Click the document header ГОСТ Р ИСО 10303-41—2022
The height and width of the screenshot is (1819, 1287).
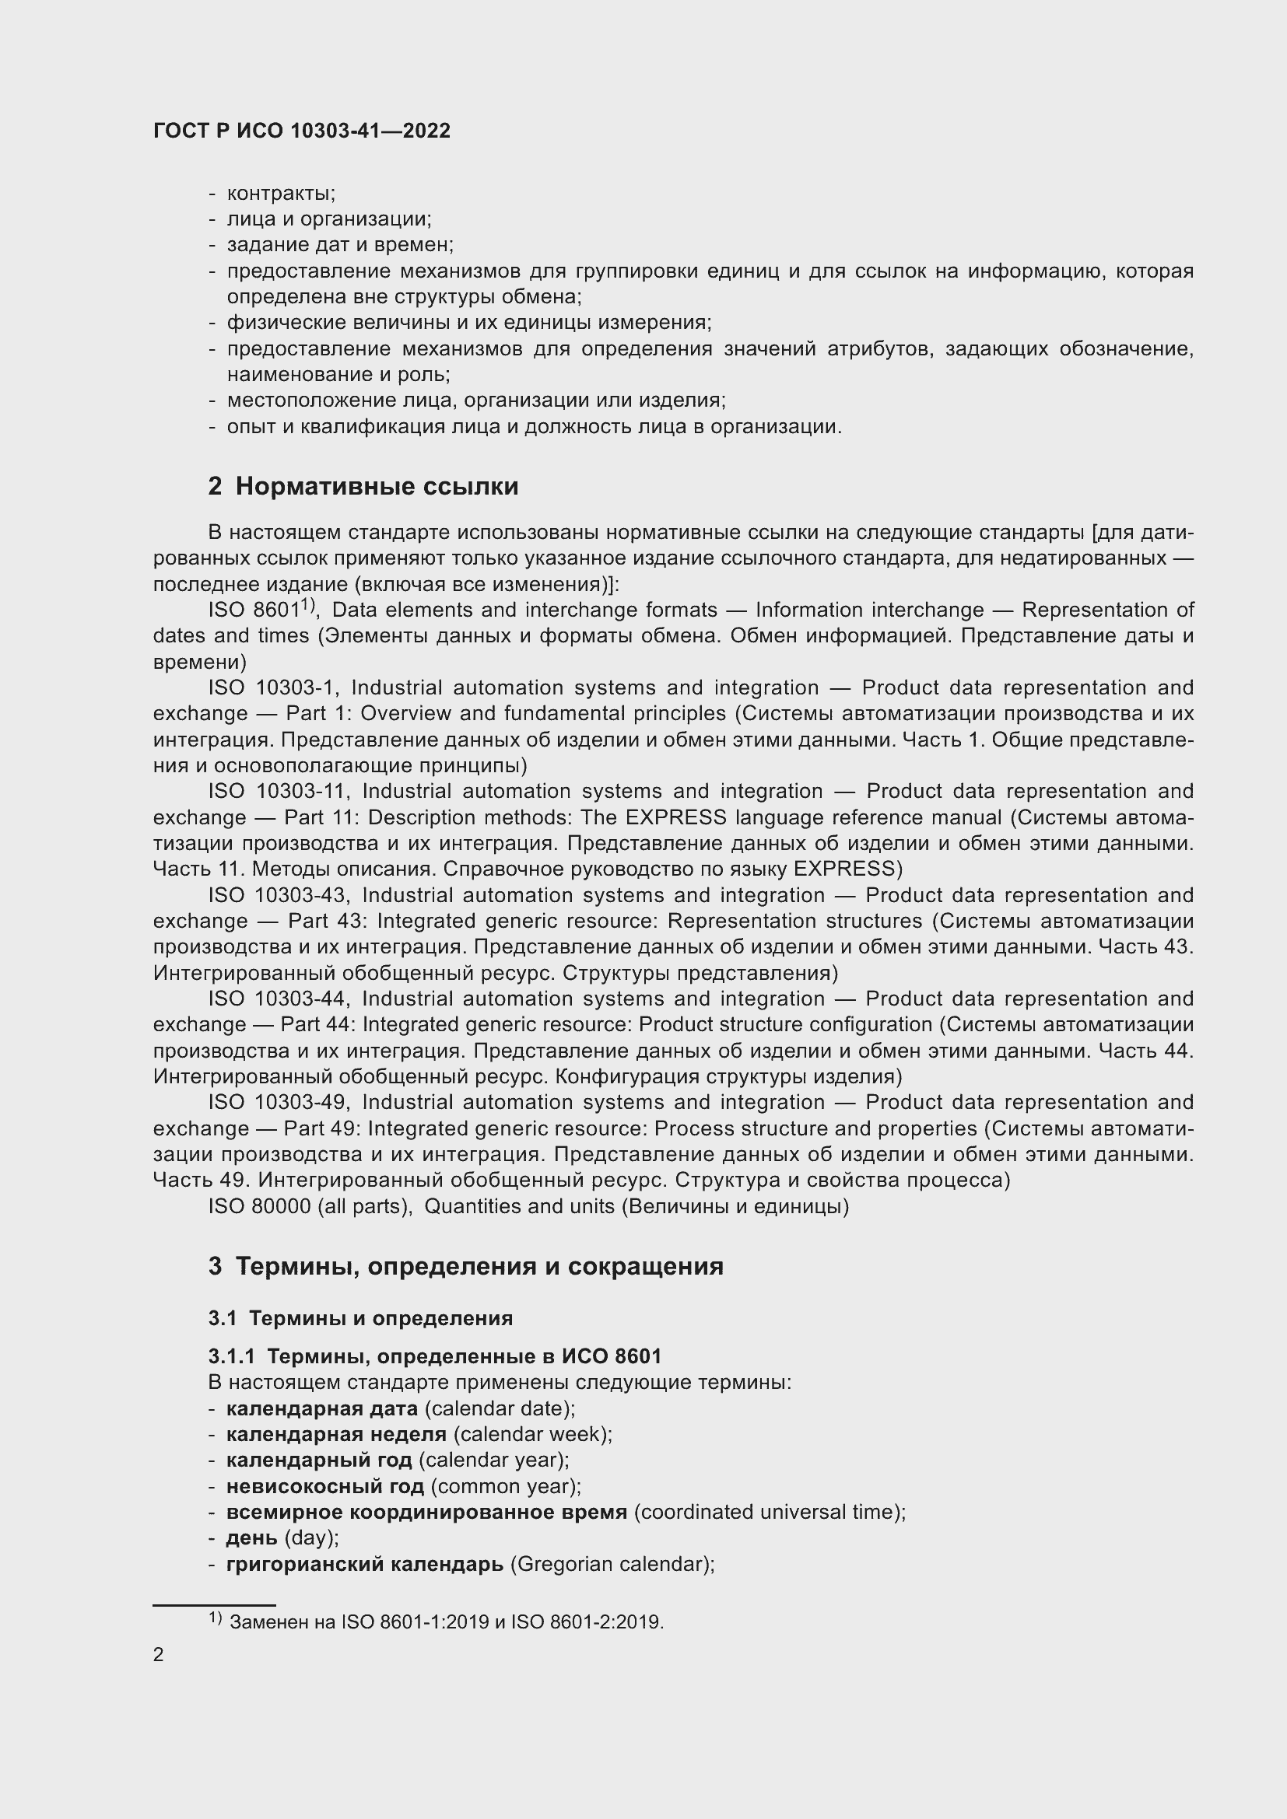tap(301, 131)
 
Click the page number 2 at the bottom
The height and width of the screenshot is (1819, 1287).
tap(159, 1654)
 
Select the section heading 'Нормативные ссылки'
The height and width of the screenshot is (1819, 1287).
tap(377, 486)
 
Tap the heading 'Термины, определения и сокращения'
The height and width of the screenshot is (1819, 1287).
tap(479, 1266)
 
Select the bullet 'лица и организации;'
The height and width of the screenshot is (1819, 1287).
tap(329, 219)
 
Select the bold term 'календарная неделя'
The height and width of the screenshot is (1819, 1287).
tap(336, 1434)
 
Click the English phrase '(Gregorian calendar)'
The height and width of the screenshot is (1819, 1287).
tap(612, 1564)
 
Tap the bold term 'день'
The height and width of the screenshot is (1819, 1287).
tap(251, 1537)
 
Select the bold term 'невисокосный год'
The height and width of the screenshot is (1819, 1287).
tap(325, 1486)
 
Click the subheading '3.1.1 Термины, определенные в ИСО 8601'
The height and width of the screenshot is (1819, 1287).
tap(434, 1356)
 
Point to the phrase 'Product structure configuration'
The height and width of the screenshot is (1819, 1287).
tap(784, 1024)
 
